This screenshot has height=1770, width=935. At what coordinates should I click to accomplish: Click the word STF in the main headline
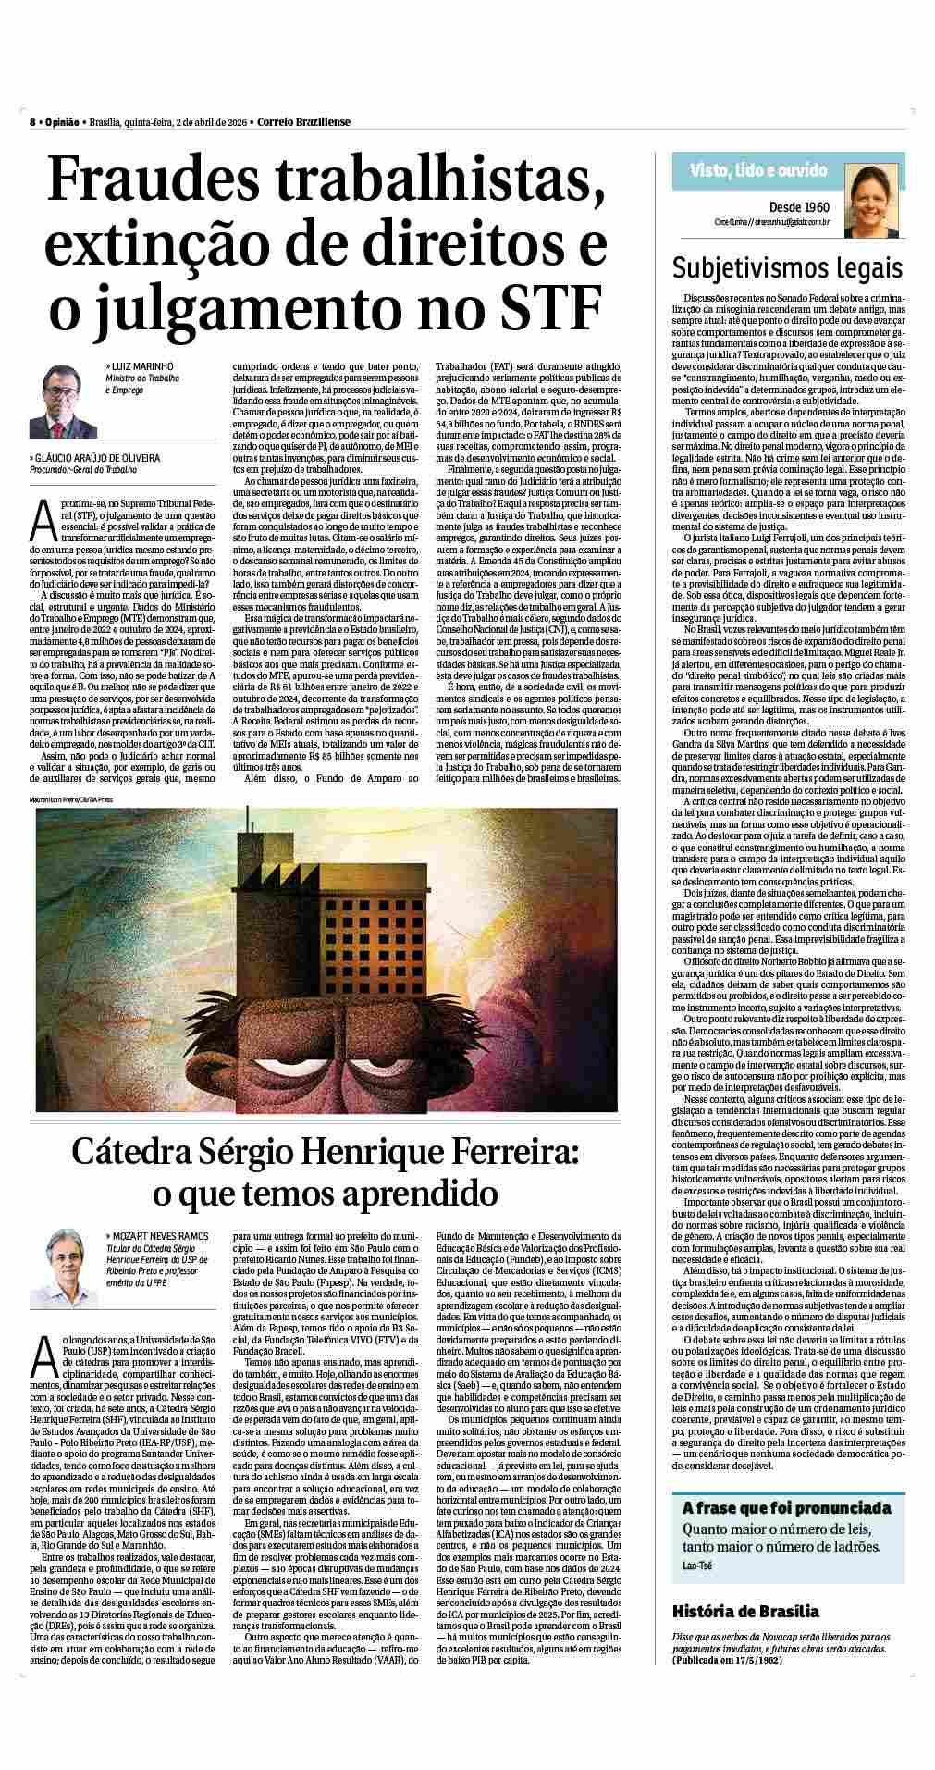547,307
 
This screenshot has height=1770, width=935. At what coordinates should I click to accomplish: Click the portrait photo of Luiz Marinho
64,401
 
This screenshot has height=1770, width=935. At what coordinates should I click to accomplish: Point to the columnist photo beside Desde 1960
869,197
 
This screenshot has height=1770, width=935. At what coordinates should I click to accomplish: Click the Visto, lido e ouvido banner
758,170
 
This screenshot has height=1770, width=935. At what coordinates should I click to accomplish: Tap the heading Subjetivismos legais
786,268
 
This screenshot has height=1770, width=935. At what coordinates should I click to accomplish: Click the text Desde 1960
798,207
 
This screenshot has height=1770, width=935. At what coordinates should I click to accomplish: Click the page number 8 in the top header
31,123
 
